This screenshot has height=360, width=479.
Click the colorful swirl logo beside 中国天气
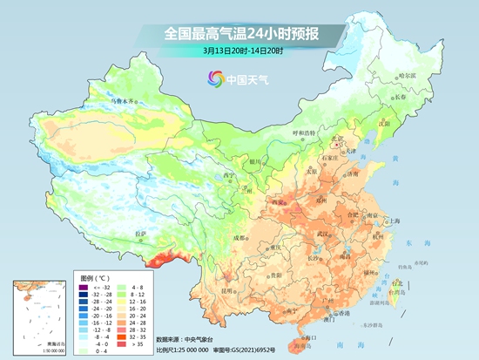click(214, 79)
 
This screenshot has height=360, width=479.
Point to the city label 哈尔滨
click(407, 75)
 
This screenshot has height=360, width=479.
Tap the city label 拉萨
click(141, 234)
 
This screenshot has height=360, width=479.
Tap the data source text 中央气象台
click(199, 338)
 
